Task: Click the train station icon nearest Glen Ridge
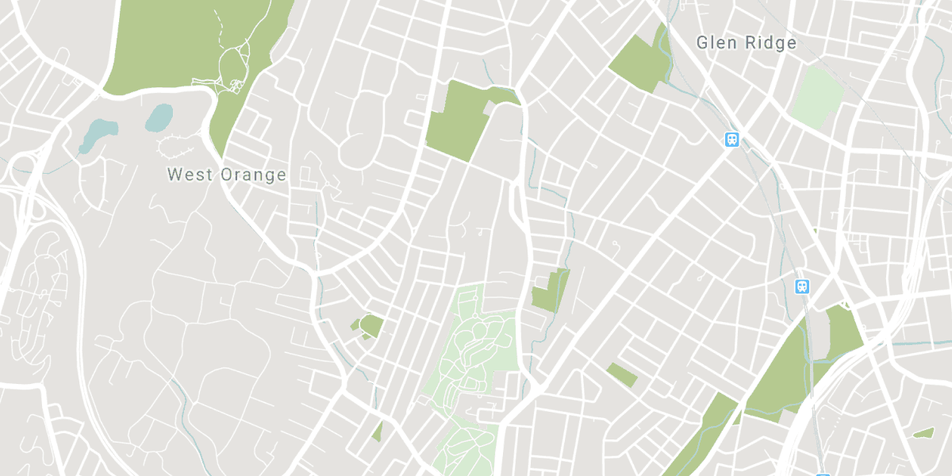pyautogui.click(x=732, y=140)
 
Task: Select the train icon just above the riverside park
pyautogui.click(x=803, y=286)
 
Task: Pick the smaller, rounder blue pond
pyautogui.click(x=159, y=118)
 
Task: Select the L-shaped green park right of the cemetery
pyautogui.click(x=551, y=292)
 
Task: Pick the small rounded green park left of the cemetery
pyautogui.click(x=370, y=325)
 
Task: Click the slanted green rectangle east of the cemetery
pyautogui.click(x=622, y=374)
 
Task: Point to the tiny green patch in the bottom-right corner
pyautogui.click(x=923, y=433)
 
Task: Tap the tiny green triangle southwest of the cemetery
pyautogui.click(x=378, y=432)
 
